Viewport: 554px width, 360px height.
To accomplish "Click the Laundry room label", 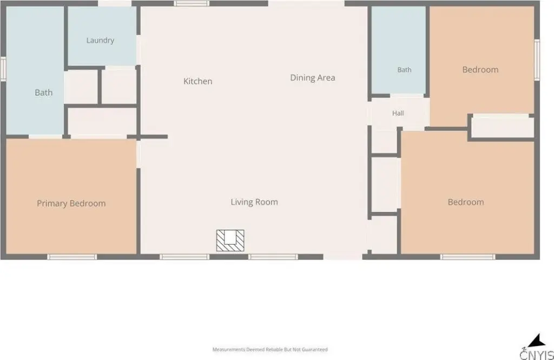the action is [x=100, y=40].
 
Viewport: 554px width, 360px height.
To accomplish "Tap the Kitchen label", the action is [x=198, y=81].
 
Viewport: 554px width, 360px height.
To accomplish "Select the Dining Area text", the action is [x=313, y=78].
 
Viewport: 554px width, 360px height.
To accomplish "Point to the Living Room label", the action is [x=254, y=202].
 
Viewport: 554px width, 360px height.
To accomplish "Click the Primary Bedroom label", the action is [x=71, y=204].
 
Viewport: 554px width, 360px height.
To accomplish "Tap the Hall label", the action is [x=398, y=113].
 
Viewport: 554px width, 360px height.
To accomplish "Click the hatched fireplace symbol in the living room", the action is [x=230, y=240].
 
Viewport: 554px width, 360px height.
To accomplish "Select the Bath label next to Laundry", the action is [x=43, y=93].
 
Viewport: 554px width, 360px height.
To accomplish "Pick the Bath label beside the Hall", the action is [x=405, y=70].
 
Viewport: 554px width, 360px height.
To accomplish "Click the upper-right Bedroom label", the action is [x=480, y=70].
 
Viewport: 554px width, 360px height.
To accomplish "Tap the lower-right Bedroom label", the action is [x=466, y=202].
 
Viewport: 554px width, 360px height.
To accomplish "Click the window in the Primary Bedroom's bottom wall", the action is [x=72, y=257].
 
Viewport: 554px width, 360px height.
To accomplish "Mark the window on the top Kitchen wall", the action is [x=192, y=4].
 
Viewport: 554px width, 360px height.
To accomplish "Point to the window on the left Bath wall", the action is [x=3, y=69].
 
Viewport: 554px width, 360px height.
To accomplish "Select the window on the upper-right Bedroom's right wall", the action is [x=537, y=60].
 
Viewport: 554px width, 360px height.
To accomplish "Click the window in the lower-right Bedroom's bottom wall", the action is [x=468, y=257].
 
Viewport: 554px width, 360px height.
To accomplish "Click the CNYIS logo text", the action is [x=537, y=354].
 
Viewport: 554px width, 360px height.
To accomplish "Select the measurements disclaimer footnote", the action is [x=270, y=349].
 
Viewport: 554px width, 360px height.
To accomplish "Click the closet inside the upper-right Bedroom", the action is [x=503, y=127].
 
